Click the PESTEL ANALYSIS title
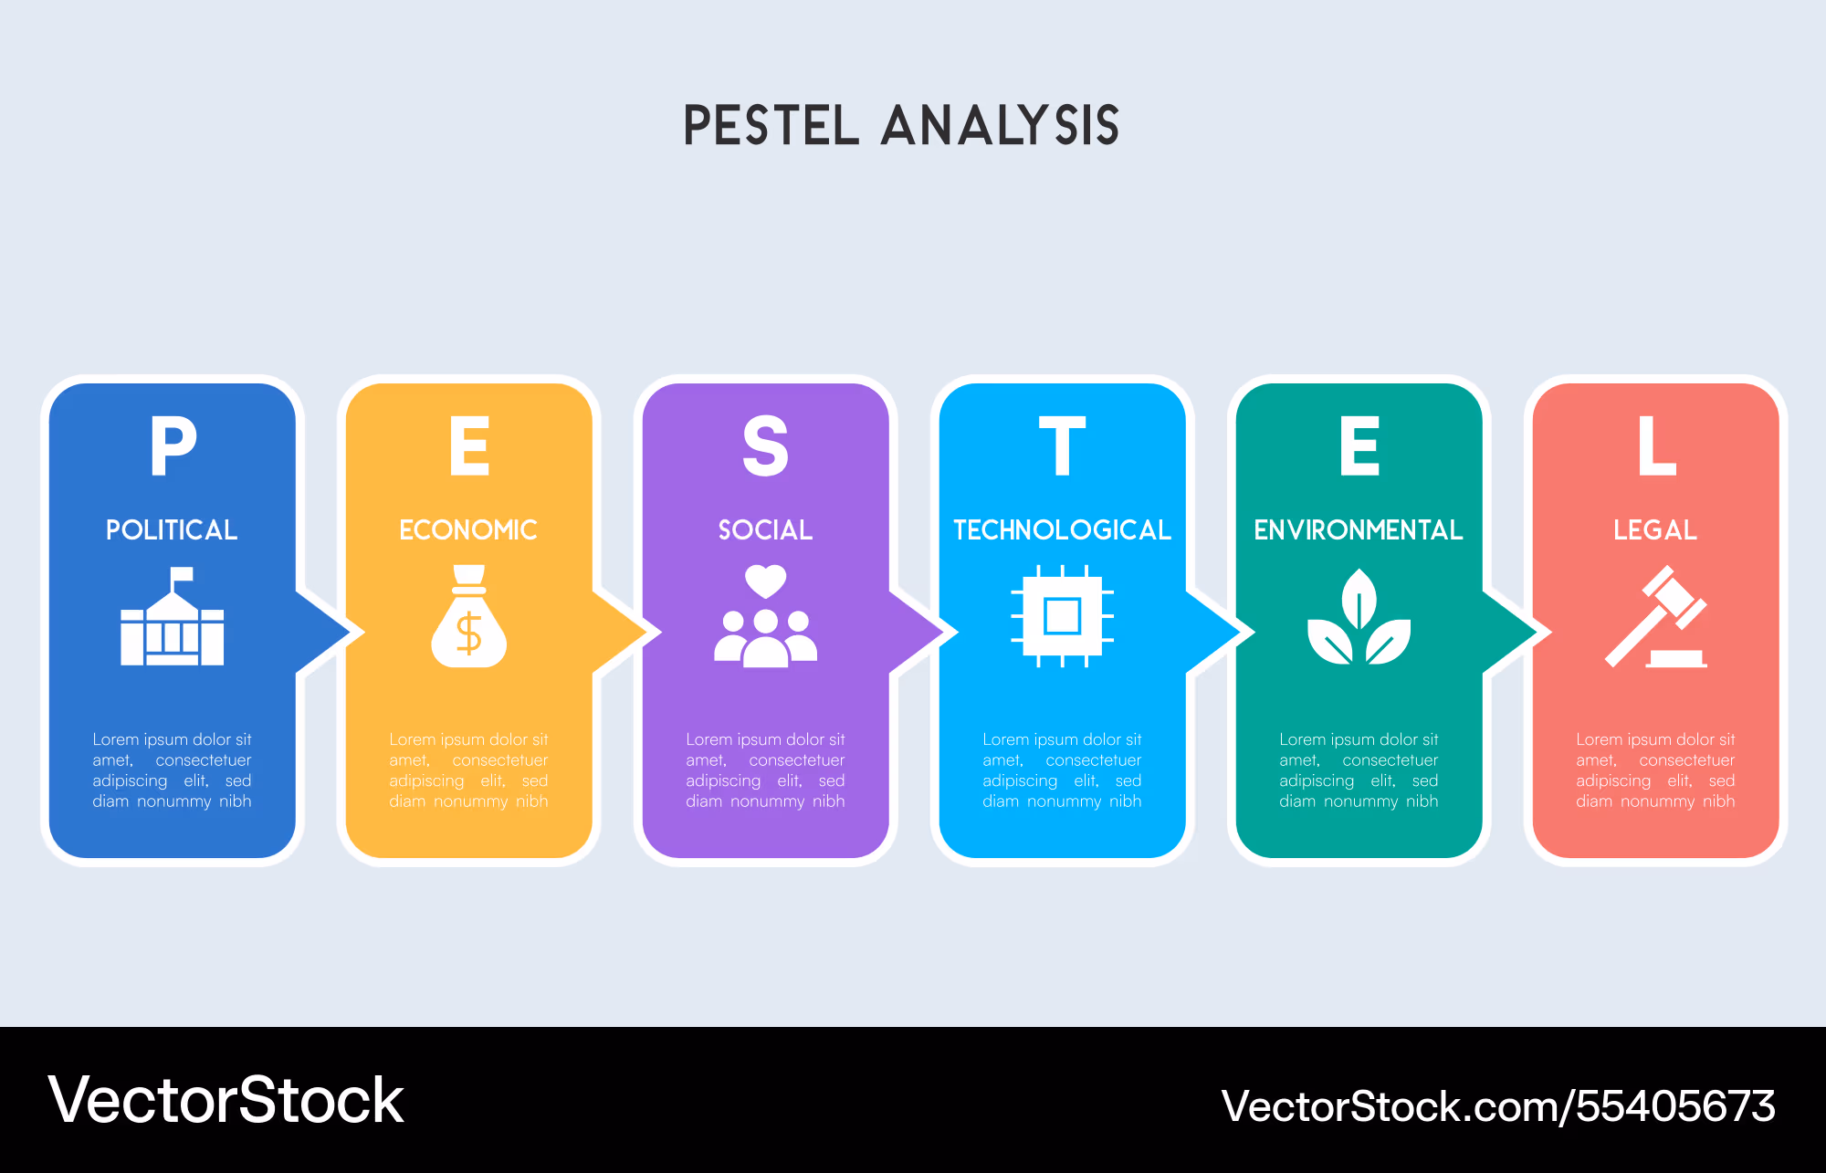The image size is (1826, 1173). click(x=902, y=125)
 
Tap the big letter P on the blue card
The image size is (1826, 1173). click(x=173, y=445)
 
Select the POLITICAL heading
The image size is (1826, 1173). click(x=172, y=529)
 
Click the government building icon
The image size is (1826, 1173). click(x=173, y=616)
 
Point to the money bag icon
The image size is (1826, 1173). click(x=468, y=616)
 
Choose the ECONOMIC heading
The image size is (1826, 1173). click(x=468, y=529)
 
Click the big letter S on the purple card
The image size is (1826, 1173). click(x=765, y=445)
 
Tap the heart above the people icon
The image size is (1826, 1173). click(x=765, y=581)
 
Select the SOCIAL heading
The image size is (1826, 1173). click(x=765, y=529)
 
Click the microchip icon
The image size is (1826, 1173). click(x=1062, y=616)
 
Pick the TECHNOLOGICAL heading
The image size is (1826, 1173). click(x=1062, y=529)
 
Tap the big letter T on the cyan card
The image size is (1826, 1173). click(x=1062, y=445)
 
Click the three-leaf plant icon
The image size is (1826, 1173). click(x=1359, y=616)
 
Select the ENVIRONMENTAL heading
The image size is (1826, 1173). click(x=1359, y=529)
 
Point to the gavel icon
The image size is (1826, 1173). click(x=1656, y=616)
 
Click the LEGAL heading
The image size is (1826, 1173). click(x=1655, y=529)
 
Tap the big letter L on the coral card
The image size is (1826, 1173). click(x=1656, y=445)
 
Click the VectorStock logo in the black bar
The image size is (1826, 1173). click(x=226, y=1100)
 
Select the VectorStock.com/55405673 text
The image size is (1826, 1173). click(x=1498, y=1105)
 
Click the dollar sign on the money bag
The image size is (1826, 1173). click(x=468, y=633)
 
